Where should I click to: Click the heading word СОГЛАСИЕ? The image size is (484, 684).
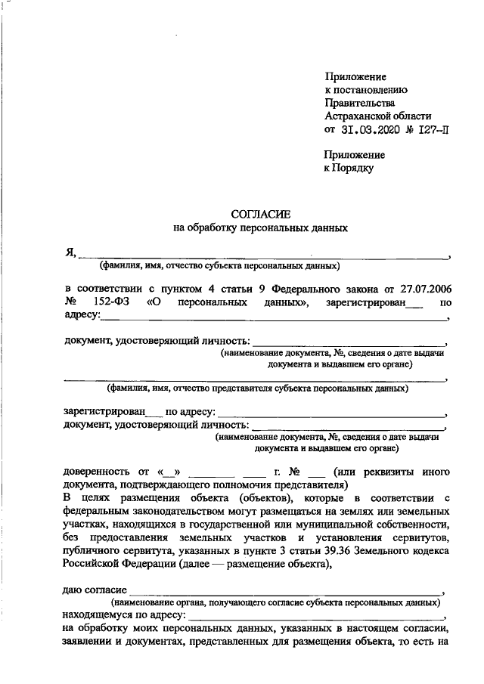(x=260, y=214)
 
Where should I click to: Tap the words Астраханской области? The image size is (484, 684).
(x=377, y=116)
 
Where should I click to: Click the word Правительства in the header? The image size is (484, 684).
(x=359, y=103)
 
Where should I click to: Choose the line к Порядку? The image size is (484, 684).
(x=349, y=169)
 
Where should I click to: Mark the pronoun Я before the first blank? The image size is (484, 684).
(x=70, y=252)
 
